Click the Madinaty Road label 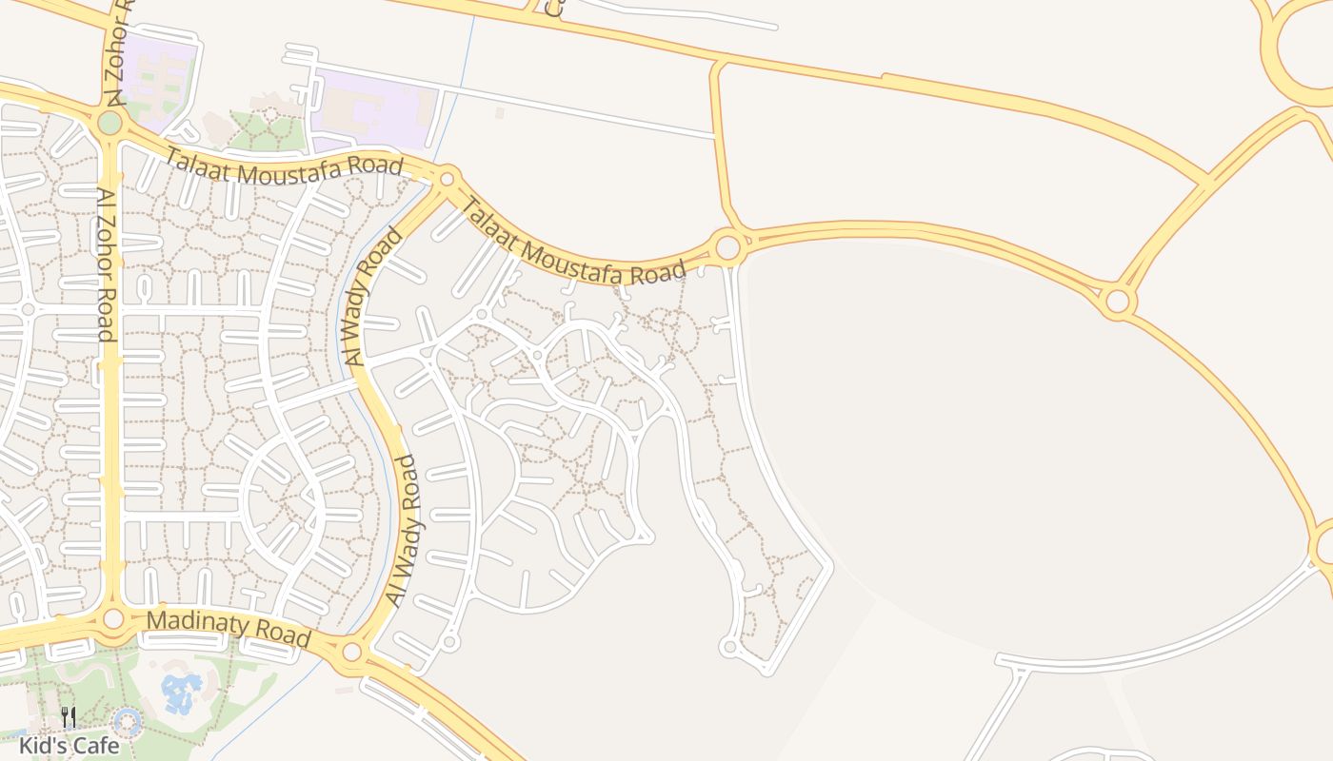point(229,630)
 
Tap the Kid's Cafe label point(69,745)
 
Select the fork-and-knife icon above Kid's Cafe point(69,716)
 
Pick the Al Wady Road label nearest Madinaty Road point(403,531)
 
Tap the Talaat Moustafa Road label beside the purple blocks point(284,167)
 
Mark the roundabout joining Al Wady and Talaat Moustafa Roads point(447,178)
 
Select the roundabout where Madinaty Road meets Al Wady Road point(352,652)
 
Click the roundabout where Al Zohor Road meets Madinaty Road point(113,618)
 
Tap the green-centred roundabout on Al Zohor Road point(109,123)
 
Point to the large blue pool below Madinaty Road point(181,693)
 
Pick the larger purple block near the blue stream point(375,110)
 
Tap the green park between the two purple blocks point(267,131)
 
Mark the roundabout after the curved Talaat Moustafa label point(728,247)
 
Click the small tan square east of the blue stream point(500,113)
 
